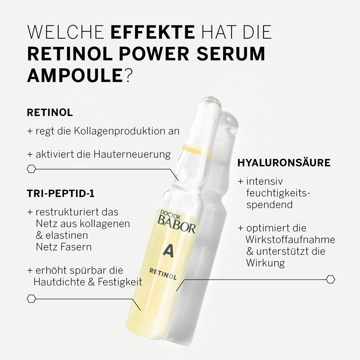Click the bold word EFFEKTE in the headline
(x=153, y=33)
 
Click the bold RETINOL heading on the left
(x=50, y=112)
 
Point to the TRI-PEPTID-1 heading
(x=61, y=193)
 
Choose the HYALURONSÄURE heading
(x=284, y=163)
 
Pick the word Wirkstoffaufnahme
(x=290, y=240)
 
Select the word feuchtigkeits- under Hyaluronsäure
(x=279, y=193)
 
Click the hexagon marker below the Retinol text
(x=31, y=169)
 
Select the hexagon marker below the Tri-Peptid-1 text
(x=31, y=298)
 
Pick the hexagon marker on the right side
(x=330, y=279)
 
